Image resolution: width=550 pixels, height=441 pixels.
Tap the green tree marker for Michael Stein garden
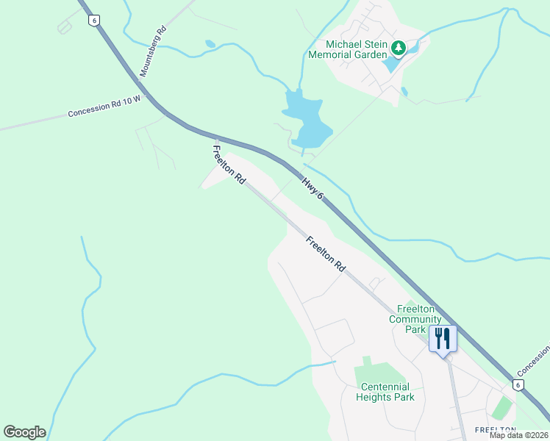pos(399,49)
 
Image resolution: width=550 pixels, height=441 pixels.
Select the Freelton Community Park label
pos(415,319)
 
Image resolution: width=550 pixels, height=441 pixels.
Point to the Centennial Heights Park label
pos(385,392)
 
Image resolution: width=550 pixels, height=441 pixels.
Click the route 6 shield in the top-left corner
pos(93,21)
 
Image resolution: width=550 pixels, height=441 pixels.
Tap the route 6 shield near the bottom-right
pos(518,384)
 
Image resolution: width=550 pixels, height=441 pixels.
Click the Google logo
pos(24,432)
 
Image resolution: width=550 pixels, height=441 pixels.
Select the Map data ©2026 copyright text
pos(518,435)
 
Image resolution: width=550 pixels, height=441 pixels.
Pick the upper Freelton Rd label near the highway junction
pos(228,164)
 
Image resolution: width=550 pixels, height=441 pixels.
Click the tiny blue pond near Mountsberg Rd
pos(211,44)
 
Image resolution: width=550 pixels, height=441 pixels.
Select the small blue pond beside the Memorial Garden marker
pos(392,64)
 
